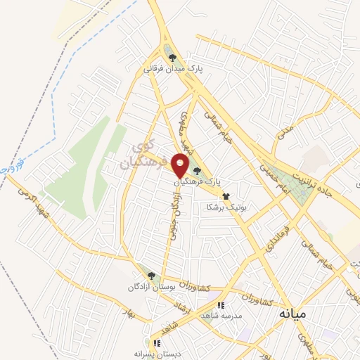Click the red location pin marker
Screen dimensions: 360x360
coord(181,165)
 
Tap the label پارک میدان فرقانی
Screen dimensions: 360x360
coord(173,70)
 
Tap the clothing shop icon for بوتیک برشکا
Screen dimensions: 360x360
coord(226,196)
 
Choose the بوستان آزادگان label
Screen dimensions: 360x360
coord(150,288)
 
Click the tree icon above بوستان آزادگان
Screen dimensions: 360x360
coord(150,276)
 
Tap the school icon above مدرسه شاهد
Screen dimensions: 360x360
coord(220,306)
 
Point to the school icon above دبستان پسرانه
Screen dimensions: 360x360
coord(157,344)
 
